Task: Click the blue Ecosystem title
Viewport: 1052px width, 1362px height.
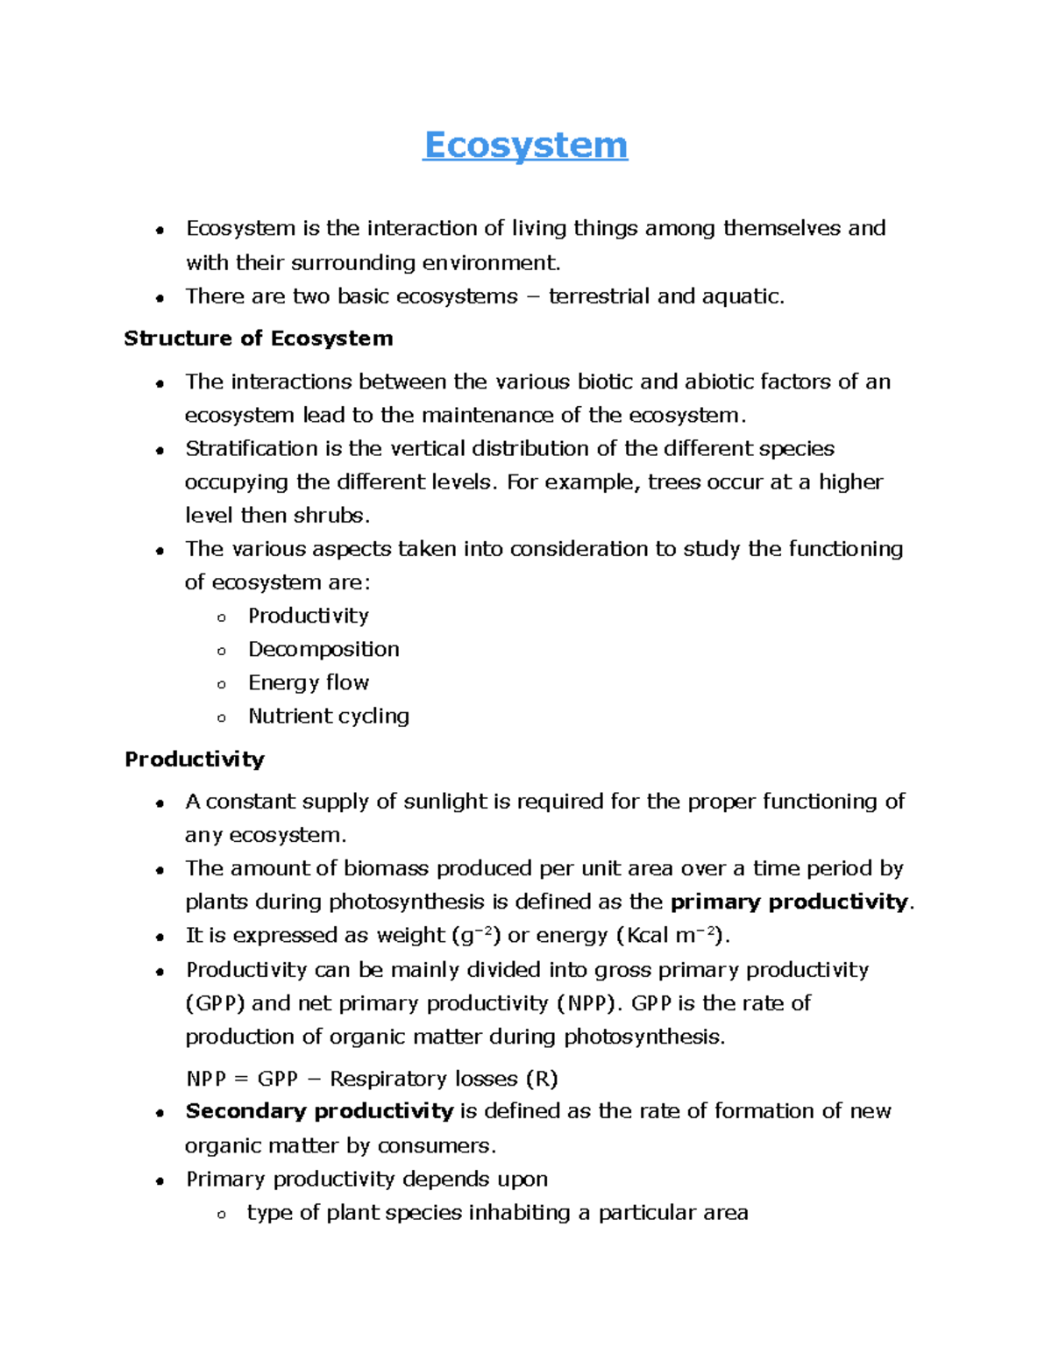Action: coord(525,146)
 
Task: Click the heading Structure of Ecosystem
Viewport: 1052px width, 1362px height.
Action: coord(258,339)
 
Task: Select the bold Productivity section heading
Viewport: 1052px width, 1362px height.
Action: coord(194,759)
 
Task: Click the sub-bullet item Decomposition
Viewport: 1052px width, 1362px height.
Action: coord(323,649)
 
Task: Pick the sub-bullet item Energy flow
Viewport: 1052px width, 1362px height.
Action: coord(309,682)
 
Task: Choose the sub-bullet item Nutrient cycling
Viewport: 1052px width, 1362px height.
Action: coord(329,716)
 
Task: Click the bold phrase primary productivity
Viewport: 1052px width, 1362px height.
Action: coord(789,902)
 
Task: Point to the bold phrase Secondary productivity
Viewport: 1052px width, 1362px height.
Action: coord(319,1111)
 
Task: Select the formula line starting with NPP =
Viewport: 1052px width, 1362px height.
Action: coord(372,1079)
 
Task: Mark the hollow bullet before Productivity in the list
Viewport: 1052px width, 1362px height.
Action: coord(222,617)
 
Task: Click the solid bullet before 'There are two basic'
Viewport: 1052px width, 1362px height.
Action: coord(160,298)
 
